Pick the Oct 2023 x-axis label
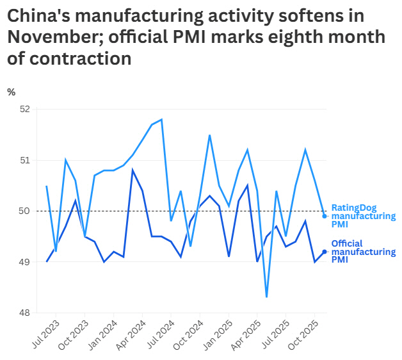[72, 334]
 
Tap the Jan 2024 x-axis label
[102, 334]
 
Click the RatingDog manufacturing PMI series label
[363, 217]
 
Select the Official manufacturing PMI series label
[363, 252]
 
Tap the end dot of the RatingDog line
[325, 216]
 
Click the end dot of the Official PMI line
[325, 252]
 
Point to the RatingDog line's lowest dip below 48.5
[266, 297]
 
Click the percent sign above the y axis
[11, 92]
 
